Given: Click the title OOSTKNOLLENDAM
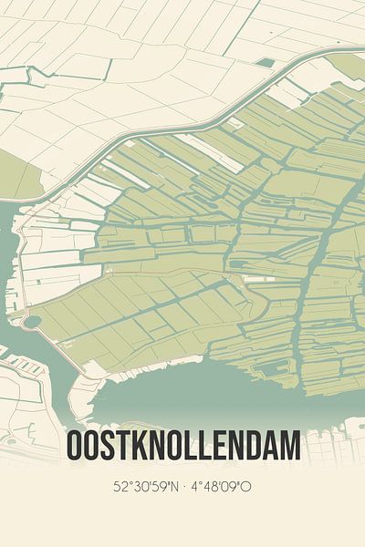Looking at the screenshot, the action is pos(182,447).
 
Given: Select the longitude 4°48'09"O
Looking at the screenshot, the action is pos(221,487).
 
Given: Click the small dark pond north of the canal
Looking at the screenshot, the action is pos(265,63).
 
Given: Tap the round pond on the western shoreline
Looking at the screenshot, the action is pos(31,322).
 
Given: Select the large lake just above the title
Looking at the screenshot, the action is pos(182,387).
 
